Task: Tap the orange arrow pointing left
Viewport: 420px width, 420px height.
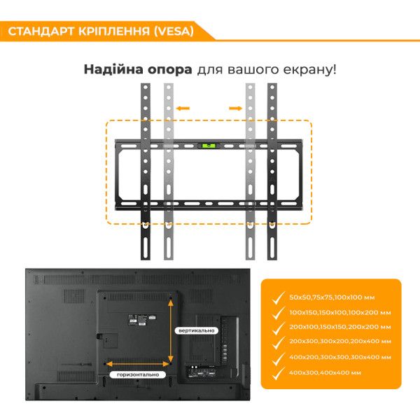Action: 183,108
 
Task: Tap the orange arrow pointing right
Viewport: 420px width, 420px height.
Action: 236,108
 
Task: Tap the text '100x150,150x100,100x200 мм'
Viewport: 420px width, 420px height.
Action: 339,312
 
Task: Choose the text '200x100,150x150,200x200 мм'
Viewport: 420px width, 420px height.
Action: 339,327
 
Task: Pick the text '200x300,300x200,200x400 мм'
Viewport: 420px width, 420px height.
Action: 339,342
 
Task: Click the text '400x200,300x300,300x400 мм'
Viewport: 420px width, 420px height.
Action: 339,357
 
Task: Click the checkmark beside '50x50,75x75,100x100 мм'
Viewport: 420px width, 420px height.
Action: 279,297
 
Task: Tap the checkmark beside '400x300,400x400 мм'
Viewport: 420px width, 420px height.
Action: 279,372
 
